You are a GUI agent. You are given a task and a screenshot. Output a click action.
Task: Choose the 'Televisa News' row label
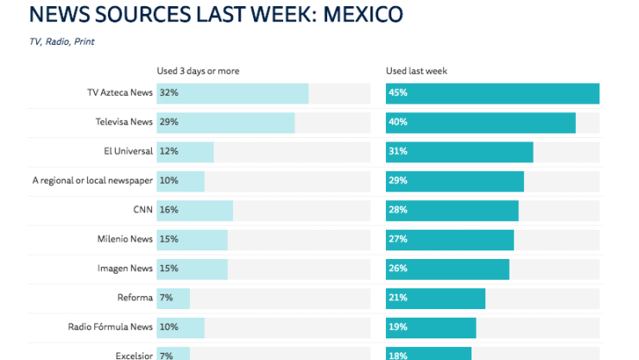(123, 122)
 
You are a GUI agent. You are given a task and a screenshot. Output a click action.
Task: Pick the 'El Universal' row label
(128, 151)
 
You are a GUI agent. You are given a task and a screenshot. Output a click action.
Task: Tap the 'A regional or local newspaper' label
(92, 180)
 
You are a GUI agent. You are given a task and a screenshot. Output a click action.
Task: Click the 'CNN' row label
(142, 210)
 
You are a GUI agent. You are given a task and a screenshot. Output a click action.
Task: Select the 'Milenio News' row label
(125, 239)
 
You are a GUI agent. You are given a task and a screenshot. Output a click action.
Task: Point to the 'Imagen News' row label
(125, 268)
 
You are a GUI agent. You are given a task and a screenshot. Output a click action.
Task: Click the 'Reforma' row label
(136, 298)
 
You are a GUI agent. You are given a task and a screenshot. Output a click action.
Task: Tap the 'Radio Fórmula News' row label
(111, 327)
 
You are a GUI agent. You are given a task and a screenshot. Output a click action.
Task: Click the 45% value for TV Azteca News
(398, 93)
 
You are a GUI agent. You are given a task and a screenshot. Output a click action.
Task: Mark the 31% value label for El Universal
(398, 152)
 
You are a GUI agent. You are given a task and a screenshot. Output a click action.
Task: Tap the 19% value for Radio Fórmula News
(398, 327)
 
